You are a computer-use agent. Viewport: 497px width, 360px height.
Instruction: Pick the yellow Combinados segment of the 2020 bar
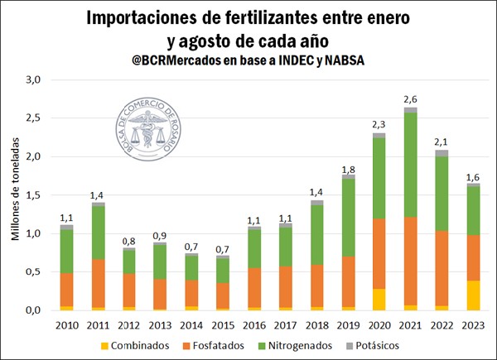tap(379, 299)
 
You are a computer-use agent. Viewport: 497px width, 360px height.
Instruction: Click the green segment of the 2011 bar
tap(99, 233)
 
